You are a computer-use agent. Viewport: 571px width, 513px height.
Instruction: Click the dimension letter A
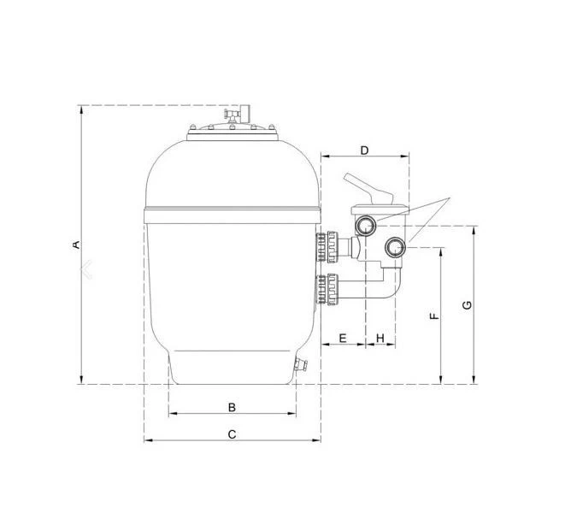(x=76, y=245)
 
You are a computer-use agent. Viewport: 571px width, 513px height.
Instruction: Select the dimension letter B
(x=232, y=407)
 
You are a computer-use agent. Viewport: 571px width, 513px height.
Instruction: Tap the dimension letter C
(x=232, y=434)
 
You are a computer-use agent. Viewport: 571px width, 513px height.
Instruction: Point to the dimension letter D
(x=364, y=150)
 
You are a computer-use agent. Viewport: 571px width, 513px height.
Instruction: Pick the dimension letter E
(x=343, y=339)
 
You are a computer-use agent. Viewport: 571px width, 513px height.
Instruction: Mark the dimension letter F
(x=434, y=315)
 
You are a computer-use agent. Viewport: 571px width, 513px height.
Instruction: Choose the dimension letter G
(x=467, y=305)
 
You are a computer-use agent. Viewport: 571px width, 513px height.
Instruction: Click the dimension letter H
(x=380, y=339)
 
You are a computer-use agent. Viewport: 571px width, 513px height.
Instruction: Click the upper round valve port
(x=365, y=226)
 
